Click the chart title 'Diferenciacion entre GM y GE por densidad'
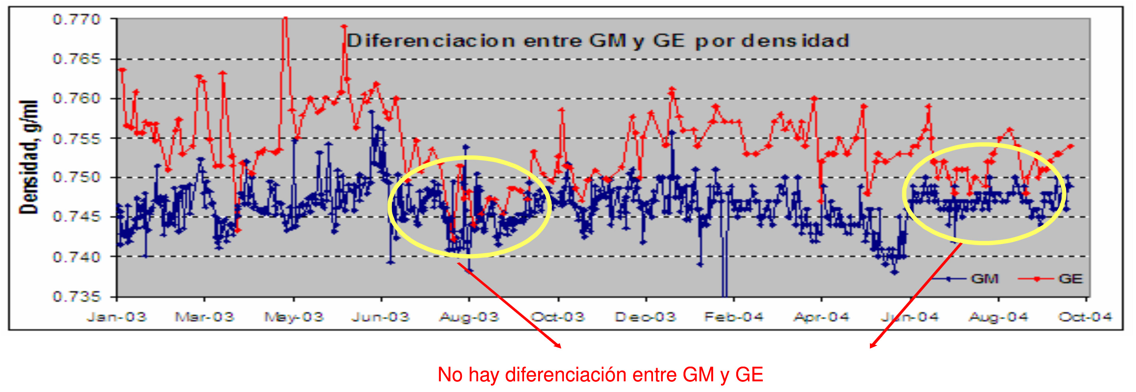coord(598,41)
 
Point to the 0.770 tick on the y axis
coord(77,20)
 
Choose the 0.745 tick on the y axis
coord(77,217)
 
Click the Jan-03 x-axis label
coord(116,317)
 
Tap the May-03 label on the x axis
coord(294,317)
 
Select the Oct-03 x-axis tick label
coord(558,317)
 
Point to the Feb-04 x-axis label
coord(733,317)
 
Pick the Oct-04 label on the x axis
coord(1085,317)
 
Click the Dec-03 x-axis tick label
coord(645,317)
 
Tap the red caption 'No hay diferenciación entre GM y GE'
coord(600,375)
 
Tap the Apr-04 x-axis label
coord(821,317)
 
